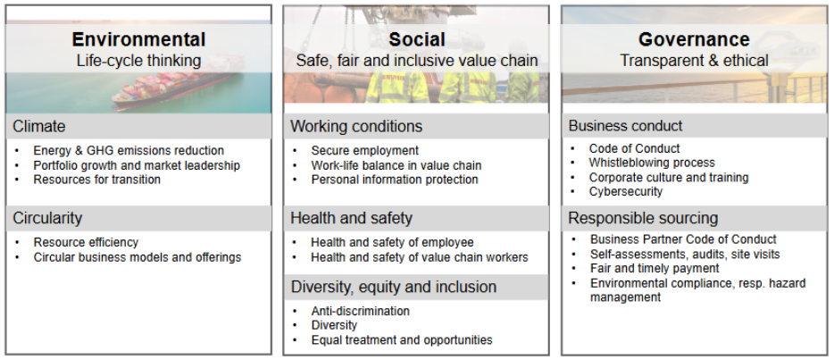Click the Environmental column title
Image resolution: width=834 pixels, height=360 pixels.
[x=138, y=39]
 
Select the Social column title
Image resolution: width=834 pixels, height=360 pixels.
[x=416, y=39]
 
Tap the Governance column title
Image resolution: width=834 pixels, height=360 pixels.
[x=694, y=39]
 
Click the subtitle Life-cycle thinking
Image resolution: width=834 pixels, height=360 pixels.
[x=138, y=61]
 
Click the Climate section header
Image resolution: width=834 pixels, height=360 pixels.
[x=39, y=126]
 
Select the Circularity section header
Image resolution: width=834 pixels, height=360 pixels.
[x=47, y=218]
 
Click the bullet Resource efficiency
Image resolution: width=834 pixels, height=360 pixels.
[x=86, y=242]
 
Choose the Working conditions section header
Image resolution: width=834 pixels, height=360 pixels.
[x=356, y=126]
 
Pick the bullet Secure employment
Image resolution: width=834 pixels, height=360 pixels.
[x=364, y=150]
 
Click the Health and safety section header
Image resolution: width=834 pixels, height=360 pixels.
[x=351, y=218]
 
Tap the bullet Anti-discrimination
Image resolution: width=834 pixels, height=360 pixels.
[x=360, y=311]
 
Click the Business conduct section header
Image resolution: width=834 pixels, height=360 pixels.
[x=625, y=126]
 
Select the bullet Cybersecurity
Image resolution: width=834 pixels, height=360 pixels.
[x=626, y=191]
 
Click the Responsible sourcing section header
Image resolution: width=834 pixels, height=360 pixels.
[x=643, y=218]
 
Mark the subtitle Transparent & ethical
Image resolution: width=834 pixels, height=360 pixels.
[x=694, y=61]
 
